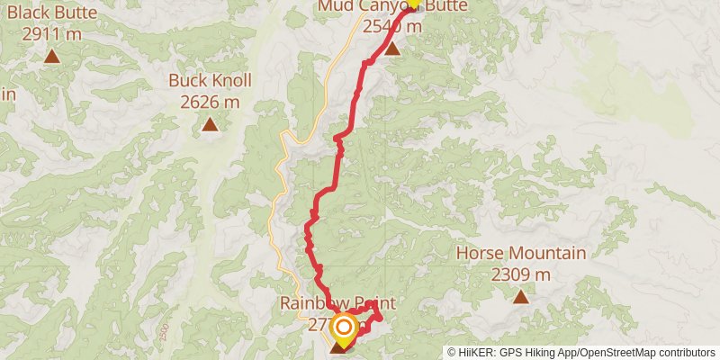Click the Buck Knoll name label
click(x=210, y=81)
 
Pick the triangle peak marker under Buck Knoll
click(x=210, y=124)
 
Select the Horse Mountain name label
click(x=520, y=253)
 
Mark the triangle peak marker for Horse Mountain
click(x=520, y=295)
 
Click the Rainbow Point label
click(x=337, y=303)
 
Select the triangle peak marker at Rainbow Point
click(x=339, y=346)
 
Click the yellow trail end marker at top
click(x=413, y=3)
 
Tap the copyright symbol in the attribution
click(x=452, y=352)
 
